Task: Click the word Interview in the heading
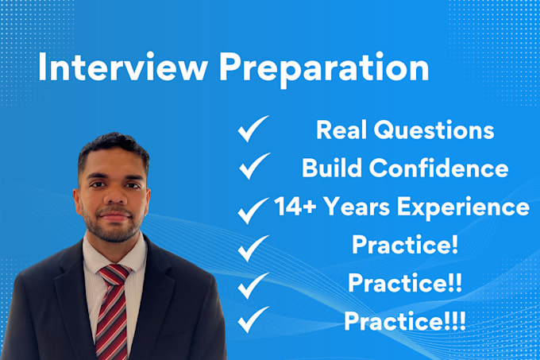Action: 123,67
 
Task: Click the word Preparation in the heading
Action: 324,69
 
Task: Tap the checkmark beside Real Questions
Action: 253,129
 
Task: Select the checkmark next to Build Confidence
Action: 254,166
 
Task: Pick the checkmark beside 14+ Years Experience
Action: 253,211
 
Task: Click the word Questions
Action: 434,130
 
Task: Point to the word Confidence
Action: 438,168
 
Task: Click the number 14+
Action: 295,206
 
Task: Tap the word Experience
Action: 463,207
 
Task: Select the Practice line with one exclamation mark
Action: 405,244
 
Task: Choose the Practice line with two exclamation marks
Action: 405,282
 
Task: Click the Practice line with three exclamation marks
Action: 405,321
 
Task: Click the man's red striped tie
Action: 112,311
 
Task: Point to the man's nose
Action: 115,197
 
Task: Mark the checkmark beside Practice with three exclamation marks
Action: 253,319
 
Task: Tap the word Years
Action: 357,206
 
